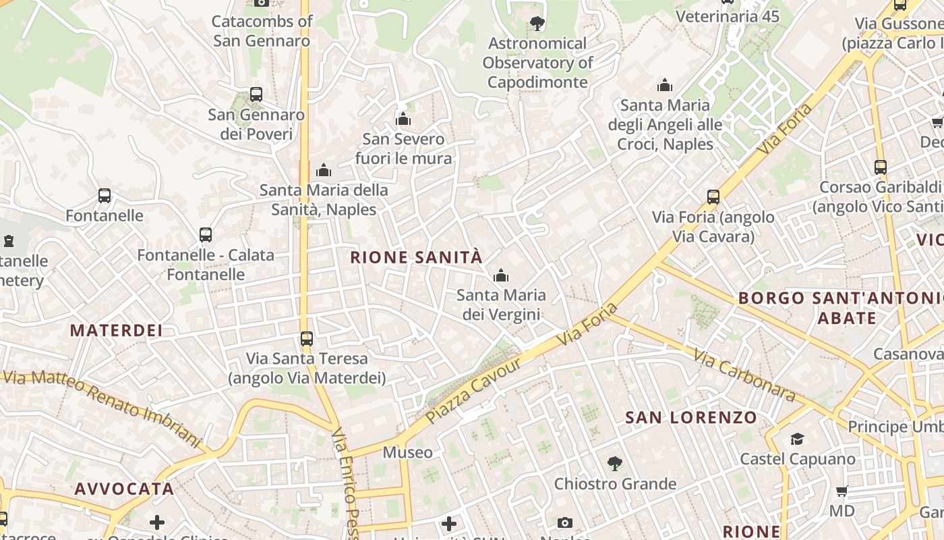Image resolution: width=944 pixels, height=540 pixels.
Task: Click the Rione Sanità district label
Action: pyautogui.click(x=417, y=257)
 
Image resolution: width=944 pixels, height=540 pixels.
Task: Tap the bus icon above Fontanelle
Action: pyautogui.click(x=105, y=196)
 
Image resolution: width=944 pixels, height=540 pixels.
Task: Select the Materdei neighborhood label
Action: pyautogui.click(x=117, y=330)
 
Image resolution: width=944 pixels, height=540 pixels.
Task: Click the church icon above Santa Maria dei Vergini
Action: pyautogui.click(x=500, y=275)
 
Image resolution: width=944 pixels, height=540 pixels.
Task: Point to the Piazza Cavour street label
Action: pyautogui.click(x=473, y=391)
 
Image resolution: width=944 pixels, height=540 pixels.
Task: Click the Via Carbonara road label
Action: pyautogui.click(x=744, y=375)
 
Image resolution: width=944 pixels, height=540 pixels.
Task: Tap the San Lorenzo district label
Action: pyautogui.click(x=691, y=418)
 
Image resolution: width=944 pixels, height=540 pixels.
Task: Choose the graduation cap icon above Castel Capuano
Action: pyautogui.click(x=798, y=439)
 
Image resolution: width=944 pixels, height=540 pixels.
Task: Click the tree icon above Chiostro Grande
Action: pyautogui.click(x=614, y=464)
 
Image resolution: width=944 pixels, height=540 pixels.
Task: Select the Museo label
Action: pyautogui.click(x=407, y=452)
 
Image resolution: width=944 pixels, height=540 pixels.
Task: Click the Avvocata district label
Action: pyautogui.click(x=124, y=489)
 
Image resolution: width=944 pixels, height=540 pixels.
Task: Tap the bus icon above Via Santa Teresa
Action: pyautogui.click(x=307, y=338)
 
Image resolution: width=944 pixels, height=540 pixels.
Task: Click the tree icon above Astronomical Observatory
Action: pyautogui.click(x=537, y=24)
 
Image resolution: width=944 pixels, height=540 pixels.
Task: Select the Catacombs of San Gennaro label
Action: pyautogui.click(x=262, y=31)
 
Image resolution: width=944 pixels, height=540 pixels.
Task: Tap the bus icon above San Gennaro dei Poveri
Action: pyautogui.click(x=256, y=94)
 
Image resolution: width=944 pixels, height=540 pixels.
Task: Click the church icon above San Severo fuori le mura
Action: pyautogui.click(x=403, y=119)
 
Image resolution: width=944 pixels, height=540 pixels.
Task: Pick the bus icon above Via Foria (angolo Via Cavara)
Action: pyautogui.click(x=713, y=197)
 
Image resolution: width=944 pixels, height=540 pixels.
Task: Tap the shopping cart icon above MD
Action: pyautogui.click(x=842, y=491)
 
